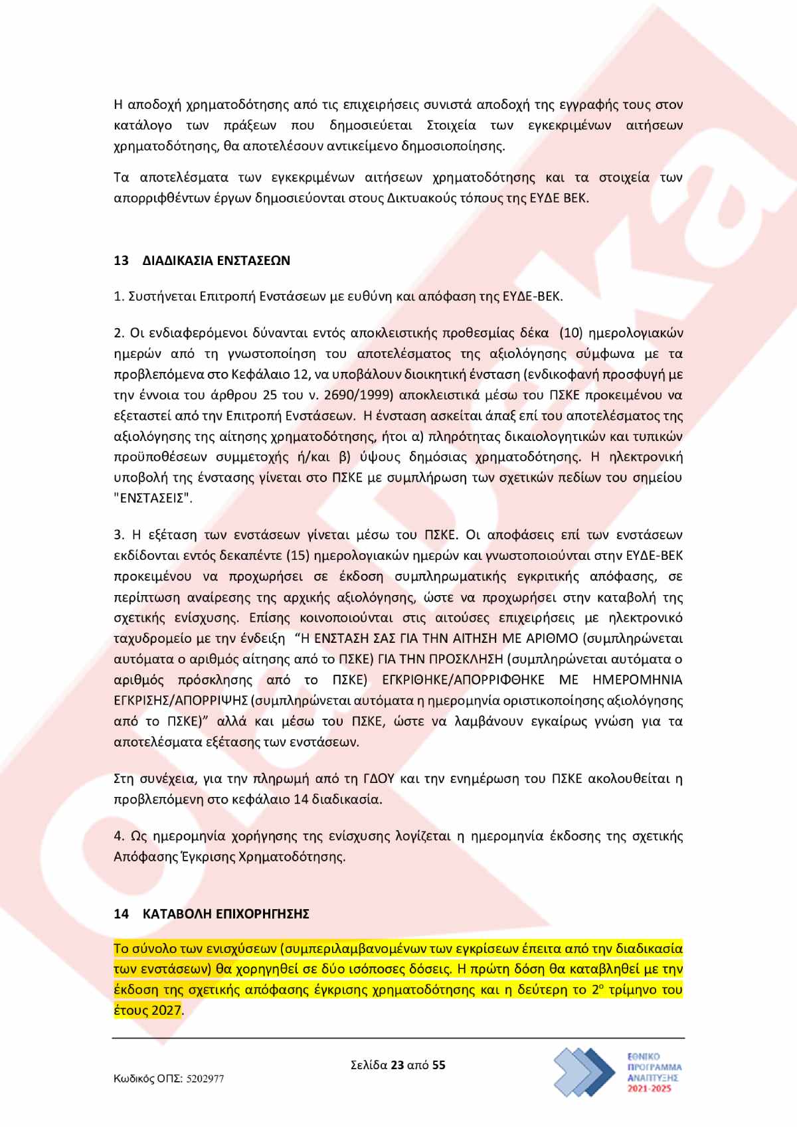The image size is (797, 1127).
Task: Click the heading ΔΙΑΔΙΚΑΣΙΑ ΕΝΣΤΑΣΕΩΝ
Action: [x=217, y=260]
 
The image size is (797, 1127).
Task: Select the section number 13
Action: [x=121, y=260]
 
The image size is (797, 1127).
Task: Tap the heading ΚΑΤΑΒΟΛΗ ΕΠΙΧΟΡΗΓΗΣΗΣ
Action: [x=226, y=914]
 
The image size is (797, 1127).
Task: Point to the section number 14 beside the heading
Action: [x=121, y=914]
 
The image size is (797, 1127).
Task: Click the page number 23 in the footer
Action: [x=397, y=1065]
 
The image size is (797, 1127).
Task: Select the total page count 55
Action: [x=438, y=1065]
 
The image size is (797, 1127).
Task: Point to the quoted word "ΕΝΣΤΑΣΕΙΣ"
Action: [x=153, y=498]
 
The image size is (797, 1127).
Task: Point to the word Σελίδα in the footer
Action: [x=369, y=1065]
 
